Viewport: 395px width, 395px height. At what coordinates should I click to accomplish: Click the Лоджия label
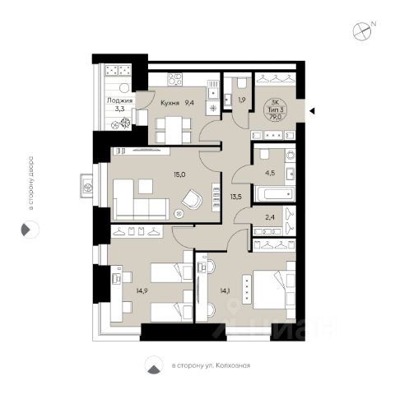click(x=119, y=100)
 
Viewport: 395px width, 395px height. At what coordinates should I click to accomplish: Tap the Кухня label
click(x=170, y=103)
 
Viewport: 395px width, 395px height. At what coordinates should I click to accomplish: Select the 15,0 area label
click(x=179, y=174)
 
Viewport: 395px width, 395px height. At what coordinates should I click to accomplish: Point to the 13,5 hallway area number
click(x=236, y=197)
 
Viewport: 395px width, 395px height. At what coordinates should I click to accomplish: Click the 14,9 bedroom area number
click(x=142, y=291)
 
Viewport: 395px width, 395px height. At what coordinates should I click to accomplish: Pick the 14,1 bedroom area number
click(x=225, y=291)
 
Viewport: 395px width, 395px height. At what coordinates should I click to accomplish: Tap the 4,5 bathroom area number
click(x=270, y=173)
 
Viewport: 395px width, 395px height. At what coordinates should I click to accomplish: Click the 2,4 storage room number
click(x=270, y=217)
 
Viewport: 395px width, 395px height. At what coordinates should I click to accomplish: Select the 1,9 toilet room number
click(x=242, y=100)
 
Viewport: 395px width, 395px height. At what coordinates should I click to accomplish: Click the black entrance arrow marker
click(x=312, y=111)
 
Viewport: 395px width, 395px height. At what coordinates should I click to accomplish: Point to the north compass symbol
click(x=362, y=30)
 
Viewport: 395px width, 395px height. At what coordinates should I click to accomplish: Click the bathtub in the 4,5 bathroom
click(x=275, y=194)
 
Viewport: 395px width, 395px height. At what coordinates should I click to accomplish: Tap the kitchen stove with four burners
click(x=175, y=79)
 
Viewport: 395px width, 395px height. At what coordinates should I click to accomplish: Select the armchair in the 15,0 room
click(x=192, y=199)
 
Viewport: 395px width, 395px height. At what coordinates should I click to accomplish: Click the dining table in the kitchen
click(x=174, y=130)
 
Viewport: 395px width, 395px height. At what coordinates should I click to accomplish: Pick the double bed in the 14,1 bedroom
click(x=274, y=290)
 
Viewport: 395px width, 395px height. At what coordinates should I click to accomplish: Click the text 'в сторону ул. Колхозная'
click(x=211, y=365)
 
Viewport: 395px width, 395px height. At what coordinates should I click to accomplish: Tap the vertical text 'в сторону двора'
click(x=31, y=183)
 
